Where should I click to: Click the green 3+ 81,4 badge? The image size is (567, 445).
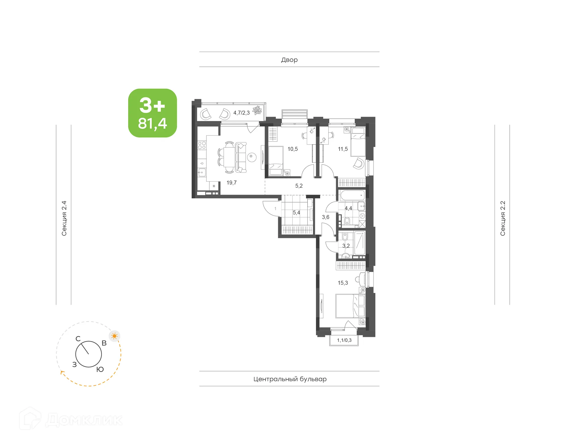(152, 113)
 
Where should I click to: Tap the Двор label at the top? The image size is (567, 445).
(289, 60)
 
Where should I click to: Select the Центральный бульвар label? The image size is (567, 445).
(290, 379)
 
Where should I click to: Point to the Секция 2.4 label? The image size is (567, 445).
(64, 218)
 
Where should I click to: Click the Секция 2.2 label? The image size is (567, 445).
(503, 218)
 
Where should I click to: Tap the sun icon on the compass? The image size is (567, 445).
(115, 336)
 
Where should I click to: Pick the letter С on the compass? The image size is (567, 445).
(78, 339)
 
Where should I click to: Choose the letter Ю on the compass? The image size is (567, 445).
(100, 369)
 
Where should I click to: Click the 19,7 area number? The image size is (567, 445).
(232, 183)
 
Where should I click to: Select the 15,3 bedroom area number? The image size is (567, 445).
(343, 283)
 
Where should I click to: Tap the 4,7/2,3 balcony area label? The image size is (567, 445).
(241, 113)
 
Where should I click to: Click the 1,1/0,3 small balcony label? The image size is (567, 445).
(344, 340)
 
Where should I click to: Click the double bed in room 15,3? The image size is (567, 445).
(350, 306)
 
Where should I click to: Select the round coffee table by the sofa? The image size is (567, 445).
(252, 157)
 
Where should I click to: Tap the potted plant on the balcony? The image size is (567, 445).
(257, 110)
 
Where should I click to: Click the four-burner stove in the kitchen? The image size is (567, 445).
(202, 145)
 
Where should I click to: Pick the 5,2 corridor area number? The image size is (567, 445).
(299, 186)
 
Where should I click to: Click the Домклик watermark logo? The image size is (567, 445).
(71, 419)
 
